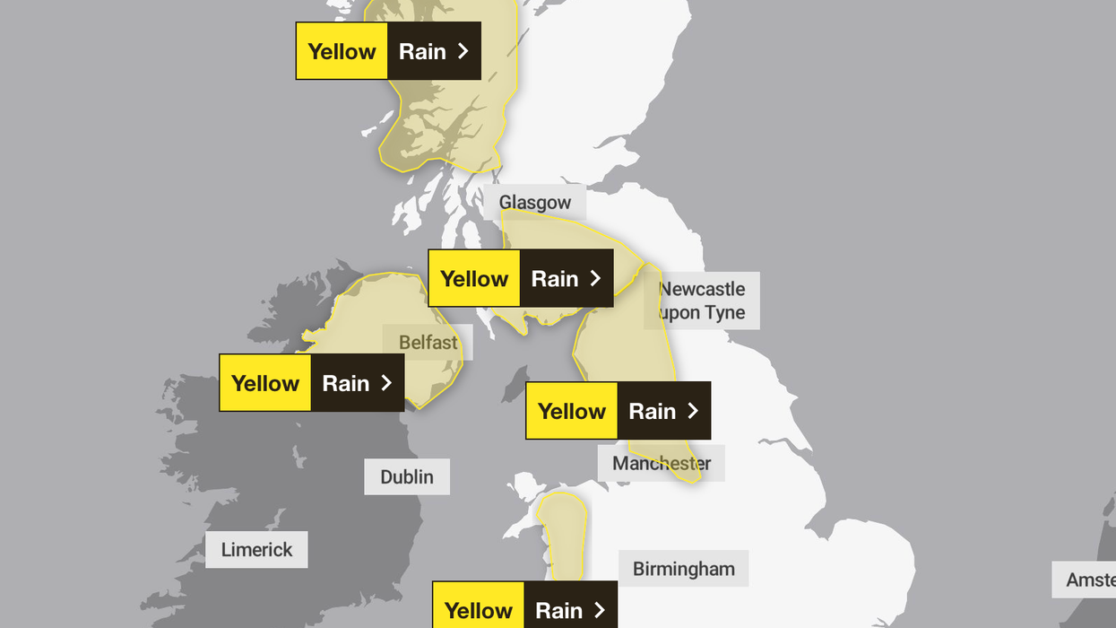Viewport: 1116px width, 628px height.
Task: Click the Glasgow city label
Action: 535,202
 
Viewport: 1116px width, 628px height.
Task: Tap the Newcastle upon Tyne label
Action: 703,301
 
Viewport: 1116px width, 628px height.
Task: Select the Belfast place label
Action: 428,342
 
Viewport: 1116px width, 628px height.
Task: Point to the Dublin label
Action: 407,476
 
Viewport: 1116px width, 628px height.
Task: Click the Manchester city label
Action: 662,463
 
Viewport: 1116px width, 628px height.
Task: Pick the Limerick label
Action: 256,549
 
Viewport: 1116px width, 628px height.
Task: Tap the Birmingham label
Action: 683,569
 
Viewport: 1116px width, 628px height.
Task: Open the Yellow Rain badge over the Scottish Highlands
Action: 388,51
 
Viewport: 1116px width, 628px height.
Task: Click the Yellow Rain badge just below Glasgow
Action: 521,278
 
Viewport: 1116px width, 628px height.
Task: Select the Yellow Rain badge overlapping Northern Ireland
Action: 312,383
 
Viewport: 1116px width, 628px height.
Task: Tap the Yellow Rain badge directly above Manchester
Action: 619,411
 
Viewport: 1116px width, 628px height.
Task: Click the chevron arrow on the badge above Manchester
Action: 692,411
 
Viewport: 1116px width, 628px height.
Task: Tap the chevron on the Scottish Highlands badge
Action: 463,51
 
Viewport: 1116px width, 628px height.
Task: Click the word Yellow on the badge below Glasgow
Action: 474,279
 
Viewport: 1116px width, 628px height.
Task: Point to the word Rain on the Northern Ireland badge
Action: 346,383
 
